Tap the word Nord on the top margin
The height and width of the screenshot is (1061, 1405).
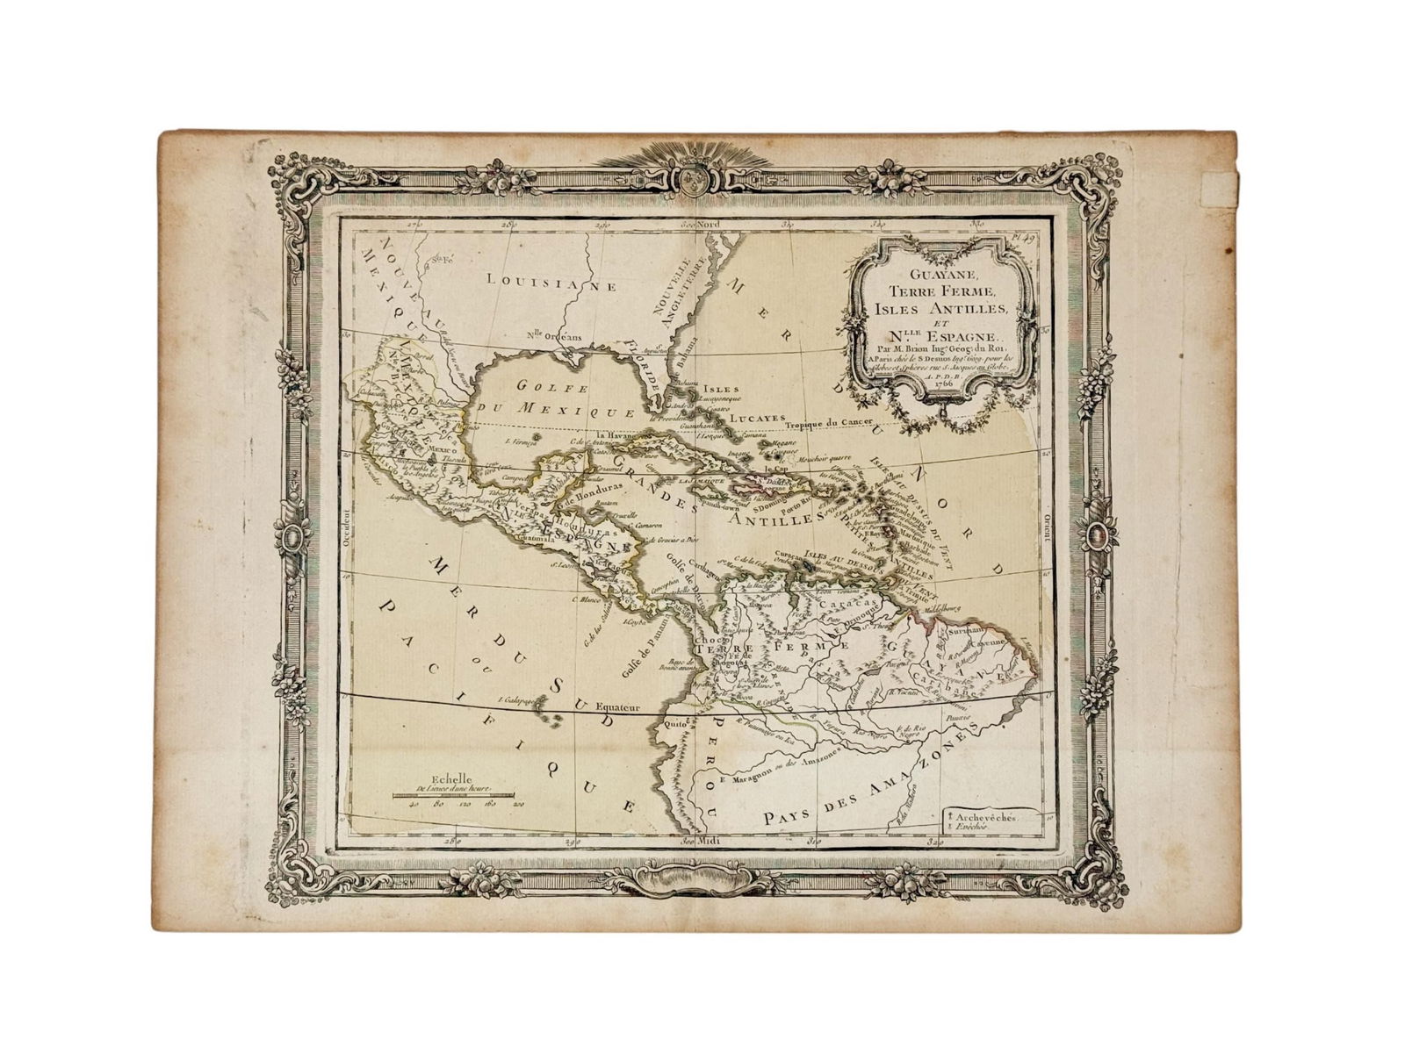pos(708,224)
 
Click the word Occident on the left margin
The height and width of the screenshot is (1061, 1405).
pos(347,528)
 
